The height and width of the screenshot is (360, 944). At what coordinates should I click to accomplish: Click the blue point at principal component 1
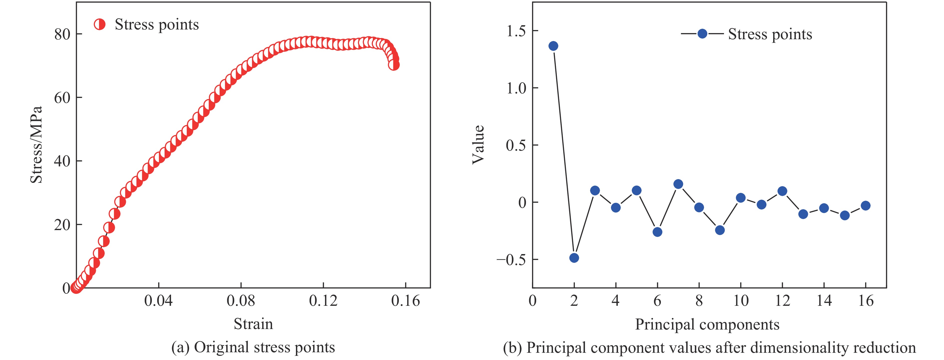tap(553, 46)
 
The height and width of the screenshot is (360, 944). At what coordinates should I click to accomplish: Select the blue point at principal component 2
tap(574, 258)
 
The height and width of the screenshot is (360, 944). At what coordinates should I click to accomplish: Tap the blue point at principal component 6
tap(657, 232)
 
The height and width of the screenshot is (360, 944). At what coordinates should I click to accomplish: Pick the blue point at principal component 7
tap(678, 184)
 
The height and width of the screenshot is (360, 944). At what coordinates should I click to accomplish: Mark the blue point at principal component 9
tap(720, 230)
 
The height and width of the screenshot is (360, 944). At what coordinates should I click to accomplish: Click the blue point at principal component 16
tap(866, 206)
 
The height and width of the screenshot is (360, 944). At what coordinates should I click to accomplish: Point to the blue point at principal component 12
tap(782, 191)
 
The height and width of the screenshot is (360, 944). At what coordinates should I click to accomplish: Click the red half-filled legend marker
tap(100, 24)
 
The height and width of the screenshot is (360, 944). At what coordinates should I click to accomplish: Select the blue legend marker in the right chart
tap(702, 34)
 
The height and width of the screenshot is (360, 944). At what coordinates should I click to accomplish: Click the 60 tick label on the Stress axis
tap(62, 98)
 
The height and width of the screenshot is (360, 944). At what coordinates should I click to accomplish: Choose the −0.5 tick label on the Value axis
tap(511, 260)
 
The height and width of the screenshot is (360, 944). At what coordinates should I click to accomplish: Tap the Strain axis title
tap(253, 324)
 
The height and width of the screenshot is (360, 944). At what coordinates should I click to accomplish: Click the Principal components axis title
tap(707, 325)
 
